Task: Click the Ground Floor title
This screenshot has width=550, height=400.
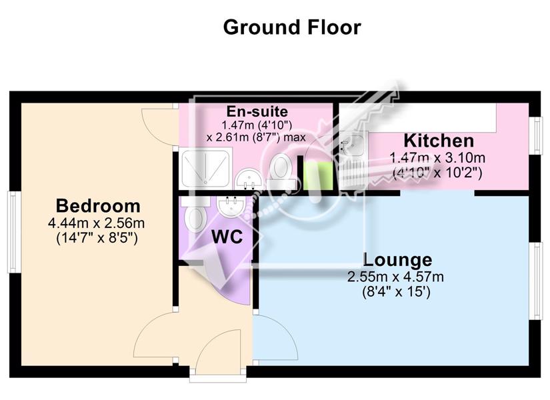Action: [x=292, y=27]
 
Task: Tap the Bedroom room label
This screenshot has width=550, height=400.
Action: [x=98, y=205]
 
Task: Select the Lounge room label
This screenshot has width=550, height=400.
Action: [x=397, y=260]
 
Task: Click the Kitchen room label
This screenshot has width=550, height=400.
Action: [x=439, y=141]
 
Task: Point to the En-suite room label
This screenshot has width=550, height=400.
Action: [x=257, y=111]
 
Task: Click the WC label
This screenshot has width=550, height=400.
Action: [x=227, y=237]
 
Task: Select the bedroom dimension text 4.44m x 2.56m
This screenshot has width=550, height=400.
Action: [x=97, y=223]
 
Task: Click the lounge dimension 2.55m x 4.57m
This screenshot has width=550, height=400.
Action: [x=395, y=277]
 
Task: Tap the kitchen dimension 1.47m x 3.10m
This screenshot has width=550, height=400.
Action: [x=438, y=158]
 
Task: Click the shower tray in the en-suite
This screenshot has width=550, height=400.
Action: [x=206, y=169]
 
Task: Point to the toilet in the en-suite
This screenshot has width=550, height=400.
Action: [x=281, y=171]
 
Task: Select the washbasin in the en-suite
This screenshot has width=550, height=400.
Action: [x=249, y=179]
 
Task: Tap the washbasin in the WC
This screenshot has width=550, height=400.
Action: [x=231, y=206]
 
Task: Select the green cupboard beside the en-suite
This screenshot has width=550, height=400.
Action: [x=318, y=176]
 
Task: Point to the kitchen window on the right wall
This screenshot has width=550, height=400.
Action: [x=536, y=135]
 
